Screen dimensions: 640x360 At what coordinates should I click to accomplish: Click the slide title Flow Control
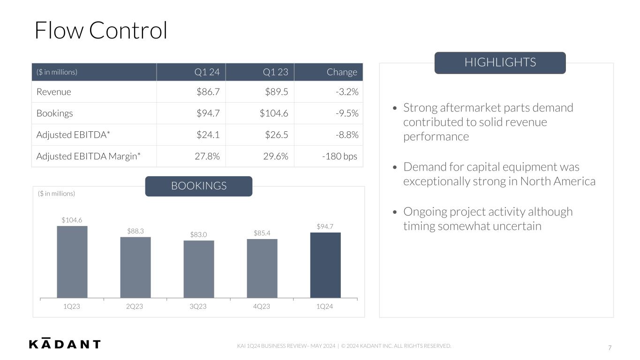(101, 30)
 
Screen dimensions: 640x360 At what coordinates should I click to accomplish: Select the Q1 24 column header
(207, 72)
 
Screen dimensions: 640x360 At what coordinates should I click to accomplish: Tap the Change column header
(342, 72)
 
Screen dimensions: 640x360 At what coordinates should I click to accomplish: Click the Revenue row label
(54, 92)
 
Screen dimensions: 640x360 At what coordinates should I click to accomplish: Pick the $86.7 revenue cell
(208, 92)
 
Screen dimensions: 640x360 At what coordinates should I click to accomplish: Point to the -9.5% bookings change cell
(347, 113)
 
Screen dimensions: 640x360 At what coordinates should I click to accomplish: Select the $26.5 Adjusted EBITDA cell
(276, 135)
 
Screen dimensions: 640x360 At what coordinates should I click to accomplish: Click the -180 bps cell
(339, 156)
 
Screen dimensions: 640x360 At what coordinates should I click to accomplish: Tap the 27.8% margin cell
(207, 156)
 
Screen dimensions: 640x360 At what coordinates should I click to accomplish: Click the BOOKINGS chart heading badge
(199, 186)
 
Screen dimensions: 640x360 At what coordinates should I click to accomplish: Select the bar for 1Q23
(72, 262)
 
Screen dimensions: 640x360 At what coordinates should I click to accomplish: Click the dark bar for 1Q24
(325, 265)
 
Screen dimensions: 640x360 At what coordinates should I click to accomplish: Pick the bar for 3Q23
(199, 269)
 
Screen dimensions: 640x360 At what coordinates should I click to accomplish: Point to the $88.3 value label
(136, 231)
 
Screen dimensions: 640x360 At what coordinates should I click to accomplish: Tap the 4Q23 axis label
(262, 306)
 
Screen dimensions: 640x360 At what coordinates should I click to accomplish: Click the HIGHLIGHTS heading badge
(500, 62)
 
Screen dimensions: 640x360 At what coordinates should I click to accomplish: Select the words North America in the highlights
(558, 181)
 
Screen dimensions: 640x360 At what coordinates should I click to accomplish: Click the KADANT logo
(65, 344)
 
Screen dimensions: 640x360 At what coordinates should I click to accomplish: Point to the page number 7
(610, 348)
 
